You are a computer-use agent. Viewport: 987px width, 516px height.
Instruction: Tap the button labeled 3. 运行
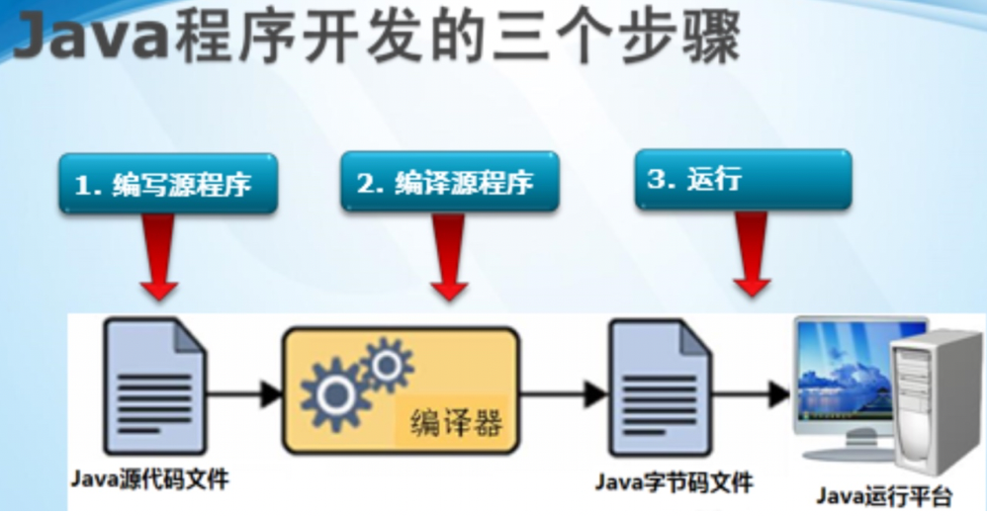coord(742,179)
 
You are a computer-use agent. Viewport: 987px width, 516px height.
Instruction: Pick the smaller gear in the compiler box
coord(387,362)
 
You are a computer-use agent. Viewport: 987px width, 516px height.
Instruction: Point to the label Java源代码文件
coord(149,480)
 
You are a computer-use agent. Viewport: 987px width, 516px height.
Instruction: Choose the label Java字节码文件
coord(673,483)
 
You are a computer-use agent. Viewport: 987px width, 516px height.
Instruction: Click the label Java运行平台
coord(884,495)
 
